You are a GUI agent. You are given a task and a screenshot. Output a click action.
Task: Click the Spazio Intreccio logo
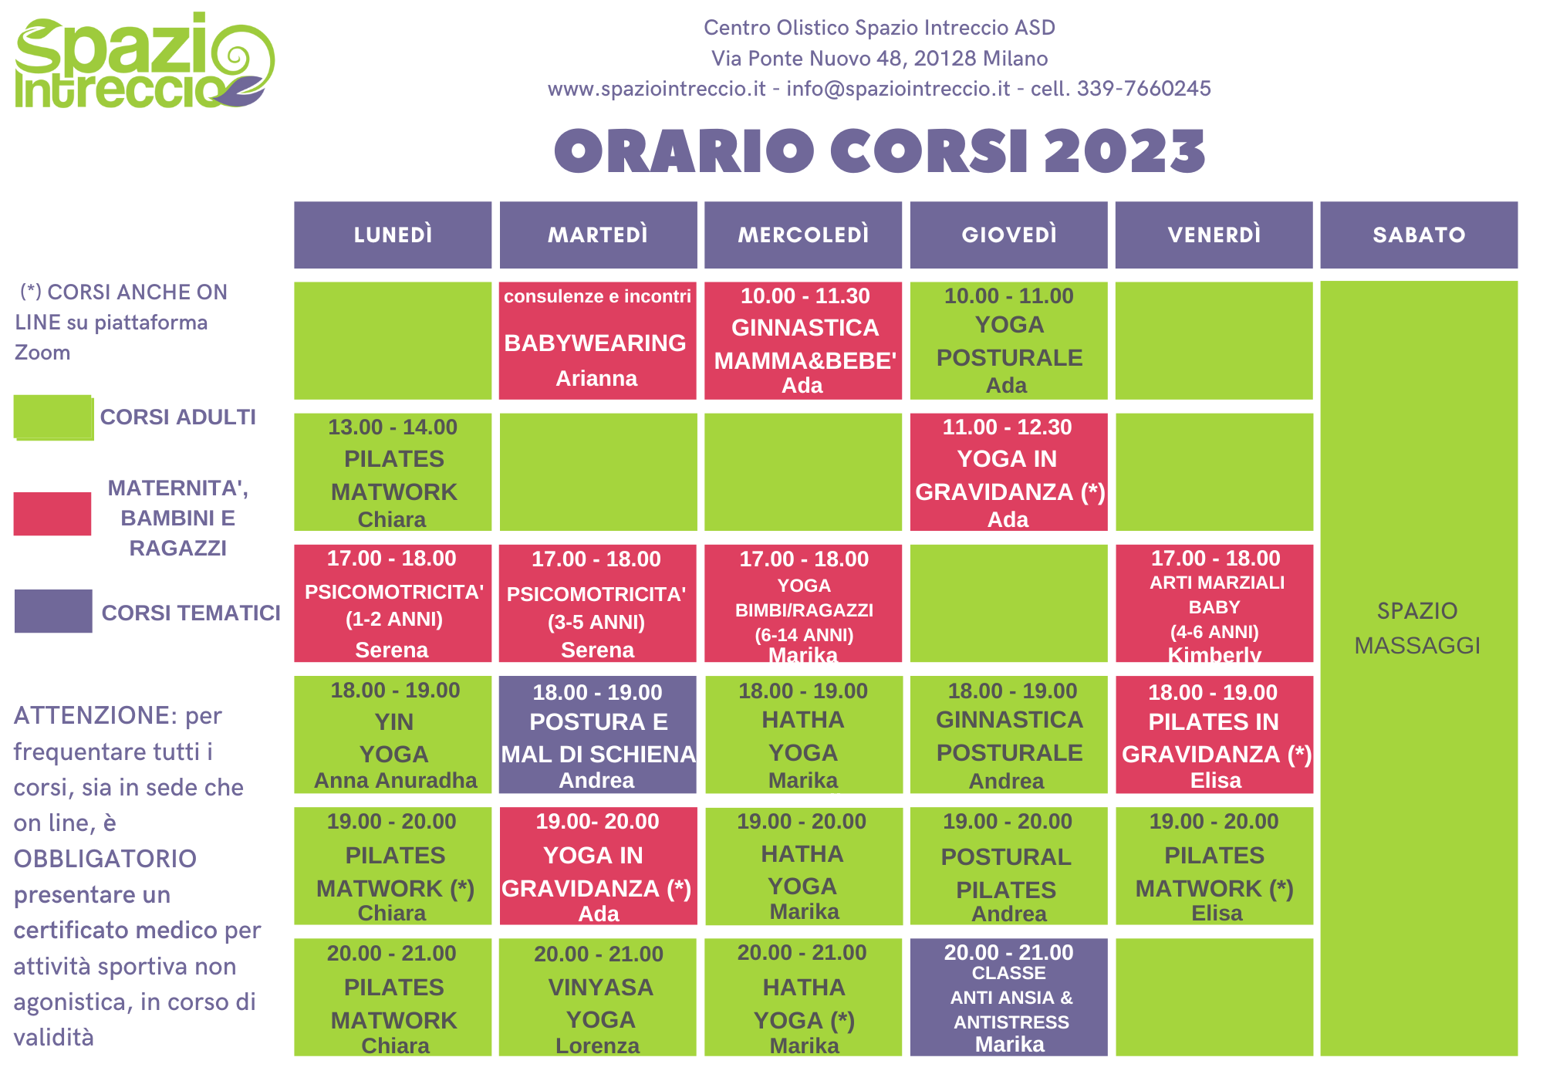click(144, 60)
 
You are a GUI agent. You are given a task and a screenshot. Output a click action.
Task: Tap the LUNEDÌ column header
click(393, 235)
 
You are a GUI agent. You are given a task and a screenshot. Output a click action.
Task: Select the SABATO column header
click(1419, 235)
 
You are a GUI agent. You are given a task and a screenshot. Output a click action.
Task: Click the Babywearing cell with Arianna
click(598, 340)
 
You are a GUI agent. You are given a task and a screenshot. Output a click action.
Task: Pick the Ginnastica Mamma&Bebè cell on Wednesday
click(803, 340)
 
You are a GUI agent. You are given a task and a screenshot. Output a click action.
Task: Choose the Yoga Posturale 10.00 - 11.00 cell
click(1008, 340)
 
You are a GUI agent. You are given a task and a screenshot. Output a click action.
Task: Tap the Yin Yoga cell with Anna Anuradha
click(393, 735)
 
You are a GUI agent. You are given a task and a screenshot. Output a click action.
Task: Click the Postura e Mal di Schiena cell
click(598, 735)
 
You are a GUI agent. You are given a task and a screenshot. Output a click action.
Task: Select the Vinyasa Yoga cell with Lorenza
click(598, 997)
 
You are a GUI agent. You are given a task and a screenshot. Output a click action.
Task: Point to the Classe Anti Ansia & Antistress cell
click(1008, 997)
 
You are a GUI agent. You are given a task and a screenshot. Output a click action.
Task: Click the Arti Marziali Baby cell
click(1214, 603)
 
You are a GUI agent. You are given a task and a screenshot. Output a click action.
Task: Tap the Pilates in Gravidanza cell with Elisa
click(1214, 735)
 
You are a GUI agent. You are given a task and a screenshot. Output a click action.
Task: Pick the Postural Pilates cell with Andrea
click(1008, 866)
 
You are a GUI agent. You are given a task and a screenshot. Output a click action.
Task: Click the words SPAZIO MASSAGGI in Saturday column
click(1417, 628)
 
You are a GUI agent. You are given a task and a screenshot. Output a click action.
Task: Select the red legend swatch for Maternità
click(52, 514)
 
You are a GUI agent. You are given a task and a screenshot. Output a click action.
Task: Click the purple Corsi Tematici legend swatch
click(53, 611)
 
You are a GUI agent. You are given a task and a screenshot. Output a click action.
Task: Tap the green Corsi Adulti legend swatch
click(54, 417)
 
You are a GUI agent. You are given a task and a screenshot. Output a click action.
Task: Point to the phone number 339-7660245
click(1143, 89)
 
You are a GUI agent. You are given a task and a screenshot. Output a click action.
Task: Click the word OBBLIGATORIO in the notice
click(105, 859)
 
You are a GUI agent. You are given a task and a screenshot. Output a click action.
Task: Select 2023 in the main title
click(1125, 150)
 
